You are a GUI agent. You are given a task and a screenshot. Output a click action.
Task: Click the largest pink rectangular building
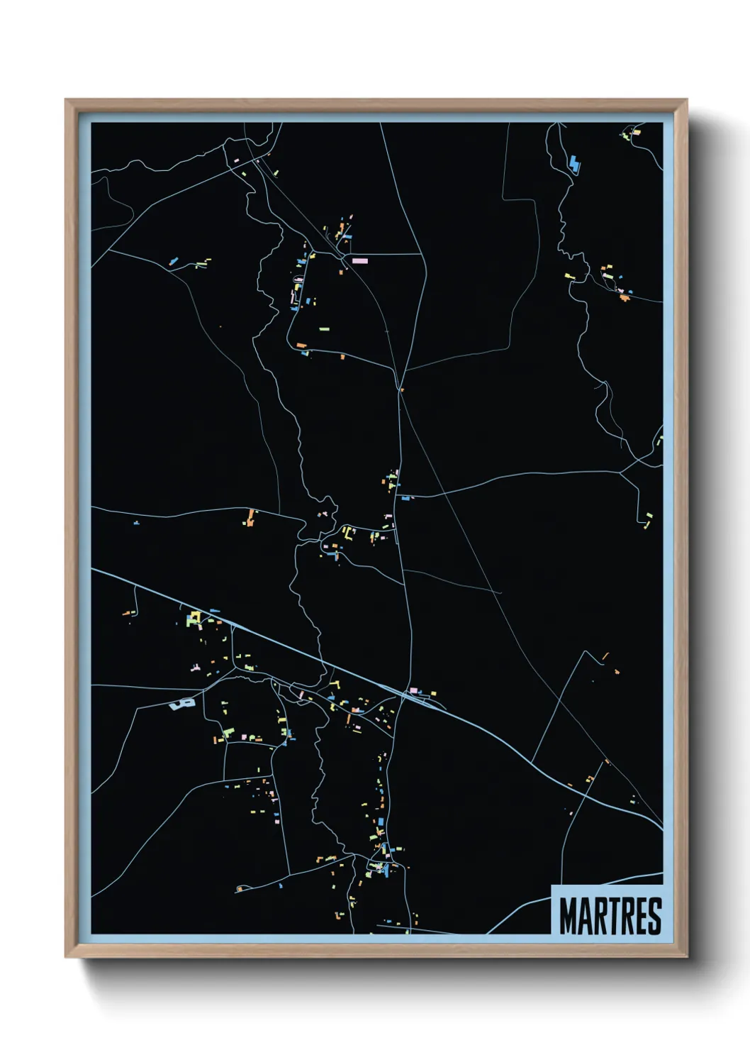[x=360, y=261]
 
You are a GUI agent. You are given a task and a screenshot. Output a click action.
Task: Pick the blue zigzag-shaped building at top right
[x=573, y=164]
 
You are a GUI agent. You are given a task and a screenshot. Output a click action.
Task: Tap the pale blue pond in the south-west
[x=182, y=704]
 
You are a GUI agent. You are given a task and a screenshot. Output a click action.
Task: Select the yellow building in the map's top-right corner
[x=636, y=131]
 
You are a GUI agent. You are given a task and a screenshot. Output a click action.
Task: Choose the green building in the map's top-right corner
[x=626, y=135]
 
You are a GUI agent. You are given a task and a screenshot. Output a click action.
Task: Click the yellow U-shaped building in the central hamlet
[x=347, y=532]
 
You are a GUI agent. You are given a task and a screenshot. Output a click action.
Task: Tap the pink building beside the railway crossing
[x=414, y=690]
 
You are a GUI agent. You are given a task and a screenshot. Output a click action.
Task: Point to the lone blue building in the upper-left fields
[x=172, y=261]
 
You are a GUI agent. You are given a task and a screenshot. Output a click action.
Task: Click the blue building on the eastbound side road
[x=405, y=498]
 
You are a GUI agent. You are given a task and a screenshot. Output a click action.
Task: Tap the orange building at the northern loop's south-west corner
[x=301, y=346]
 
